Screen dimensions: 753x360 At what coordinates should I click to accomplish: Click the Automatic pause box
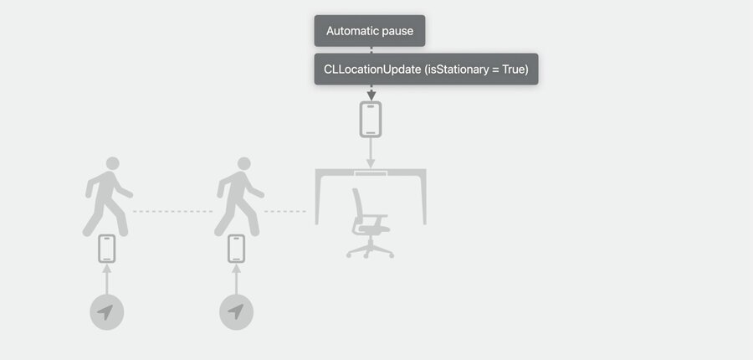370,31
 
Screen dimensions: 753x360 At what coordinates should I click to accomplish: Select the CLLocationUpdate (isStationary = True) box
426,69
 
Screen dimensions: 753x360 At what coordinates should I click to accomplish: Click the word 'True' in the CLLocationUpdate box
515,69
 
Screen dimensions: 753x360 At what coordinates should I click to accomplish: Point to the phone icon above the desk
371,119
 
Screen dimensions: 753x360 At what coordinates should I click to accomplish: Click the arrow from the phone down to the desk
371,153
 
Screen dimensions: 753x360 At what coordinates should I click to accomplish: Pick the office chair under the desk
370,223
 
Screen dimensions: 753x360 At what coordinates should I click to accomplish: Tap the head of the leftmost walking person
113,163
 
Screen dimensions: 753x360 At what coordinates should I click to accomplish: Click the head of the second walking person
244,163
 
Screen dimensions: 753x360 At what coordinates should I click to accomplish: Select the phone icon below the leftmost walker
107,249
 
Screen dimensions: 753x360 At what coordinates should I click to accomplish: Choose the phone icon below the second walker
236,249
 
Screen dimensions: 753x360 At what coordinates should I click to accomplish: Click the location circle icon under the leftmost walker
106,313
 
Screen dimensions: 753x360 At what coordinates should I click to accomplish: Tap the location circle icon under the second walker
236,313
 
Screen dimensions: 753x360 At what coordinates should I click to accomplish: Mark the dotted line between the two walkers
172,211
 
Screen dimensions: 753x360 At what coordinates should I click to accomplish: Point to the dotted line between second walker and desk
284,211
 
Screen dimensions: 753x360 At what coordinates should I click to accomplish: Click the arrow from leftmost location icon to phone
106,280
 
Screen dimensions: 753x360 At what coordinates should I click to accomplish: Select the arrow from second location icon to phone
236,280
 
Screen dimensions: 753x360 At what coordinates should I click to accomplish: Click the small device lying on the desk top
371,173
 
